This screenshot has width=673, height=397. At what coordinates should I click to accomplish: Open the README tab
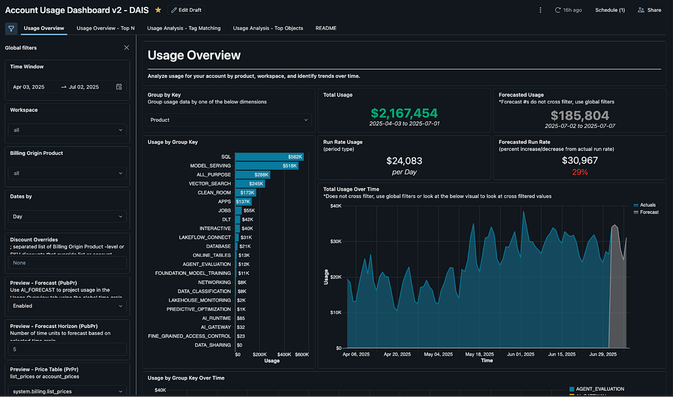(x=326, y=28)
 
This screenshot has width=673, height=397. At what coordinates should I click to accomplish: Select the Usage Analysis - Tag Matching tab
(x=184, y=28)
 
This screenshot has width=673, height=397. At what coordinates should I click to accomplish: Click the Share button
(x=649, y=10)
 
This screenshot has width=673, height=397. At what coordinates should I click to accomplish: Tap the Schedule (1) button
(x=610, y=10)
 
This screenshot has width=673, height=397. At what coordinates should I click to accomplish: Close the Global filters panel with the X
(x=126, y=48)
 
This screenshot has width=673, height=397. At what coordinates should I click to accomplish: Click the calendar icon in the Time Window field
(x=119, y=87)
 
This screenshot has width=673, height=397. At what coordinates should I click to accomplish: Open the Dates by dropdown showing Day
(x=67, y=216)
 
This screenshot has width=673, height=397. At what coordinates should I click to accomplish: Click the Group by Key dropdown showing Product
(x=229, y=120)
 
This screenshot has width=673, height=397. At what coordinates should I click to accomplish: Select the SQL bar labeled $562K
(x=269, y=156)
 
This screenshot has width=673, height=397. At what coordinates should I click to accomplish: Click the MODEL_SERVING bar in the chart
(x=266, y=165)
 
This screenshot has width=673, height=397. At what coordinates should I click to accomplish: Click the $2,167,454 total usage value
(x=404, y=114)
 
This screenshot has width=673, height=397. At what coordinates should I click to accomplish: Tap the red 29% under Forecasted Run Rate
(x=580, y=172)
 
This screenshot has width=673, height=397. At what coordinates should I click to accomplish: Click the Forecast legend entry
(x=648, y=213)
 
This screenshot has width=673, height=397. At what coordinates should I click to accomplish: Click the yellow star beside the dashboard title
(x=158, y=10)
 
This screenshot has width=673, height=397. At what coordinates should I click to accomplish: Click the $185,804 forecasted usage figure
(x=579, y=116)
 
